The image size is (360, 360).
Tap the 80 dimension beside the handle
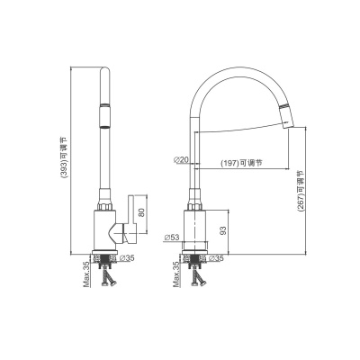coord(142,212)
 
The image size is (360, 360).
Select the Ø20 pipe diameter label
coord(181,160)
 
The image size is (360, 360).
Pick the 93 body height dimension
coord(223,230)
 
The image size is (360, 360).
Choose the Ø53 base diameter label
coord(172,238)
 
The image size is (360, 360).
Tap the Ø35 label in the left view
coord(127,257)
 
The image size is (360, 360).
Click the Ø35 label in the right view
coord(216,257)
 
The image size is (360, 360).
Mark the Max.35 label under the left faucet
coord(86,274)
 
